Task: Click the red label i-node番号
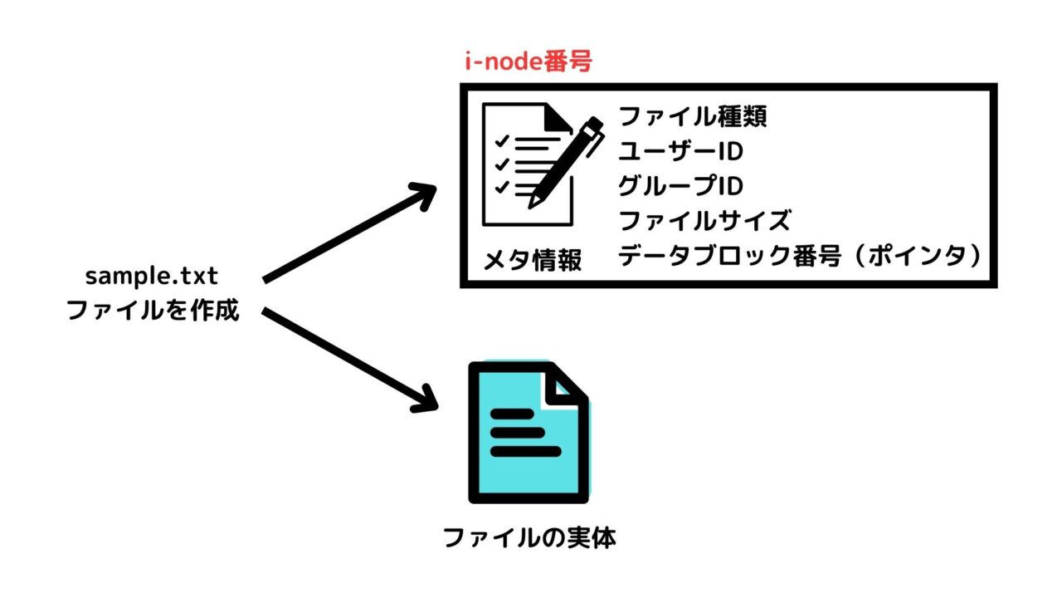pyautogui.click(x=528, y=62)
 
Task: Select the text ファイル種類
pyautogui.click(x=693, y=116)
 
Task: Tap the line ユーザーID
pyautogui.click(x=680, y=152)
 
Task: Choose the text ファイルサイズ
pyautogui.click(x=704, y=222)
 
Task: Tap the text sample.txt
pyautogui.click(x=152, y=276)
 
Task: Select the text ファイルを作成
pyautogui.click(x=153, y=311)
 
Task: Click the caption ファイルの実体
pyautogui.click(x=529, y=538)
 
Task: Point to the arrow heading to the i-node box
pyautogui.click(x=348, y=233)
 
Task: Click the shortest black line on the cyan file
pyautogui.click(x=516, y=432)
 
